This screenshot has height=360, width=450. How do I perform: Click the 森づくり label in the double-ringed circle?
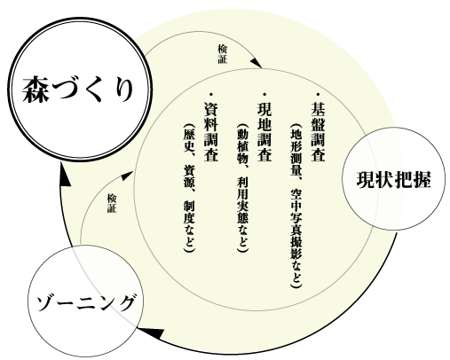(77, 90)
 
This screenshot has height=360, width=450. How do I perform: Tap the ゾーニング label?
(86, 303)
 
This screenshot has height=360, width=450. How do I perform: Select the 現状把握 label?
(393, 180)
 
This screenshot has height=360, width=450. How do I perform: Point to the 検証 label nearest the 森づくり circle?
(223, 54)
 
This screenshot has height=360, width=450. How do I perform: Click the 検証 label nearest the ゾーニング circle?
(112, 203)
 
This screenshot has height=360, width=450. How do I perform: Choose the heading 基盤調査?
(318, 132)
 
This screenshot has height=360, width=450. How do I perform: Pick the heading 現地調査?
(264, 132)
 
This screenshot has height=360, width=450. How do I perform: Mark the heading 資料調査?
(211, 132)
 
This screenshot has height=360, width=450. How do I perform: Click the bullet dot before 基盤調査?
(319, 95)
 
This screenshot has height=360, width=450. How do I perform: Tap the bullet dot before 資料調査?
(211, 95)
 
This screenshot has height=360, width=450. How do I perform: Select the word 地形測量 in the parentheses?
(296, 151)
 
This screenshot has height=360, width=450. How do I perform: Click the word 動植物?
(242, 145)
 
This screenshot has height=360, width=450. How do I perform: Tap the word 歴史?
(189, 140)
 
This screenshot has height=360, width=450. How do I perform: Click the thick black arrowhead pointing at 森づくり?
(64, 176)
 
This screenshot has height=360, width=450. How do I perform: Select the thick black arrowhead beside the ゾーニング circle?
(153, 333)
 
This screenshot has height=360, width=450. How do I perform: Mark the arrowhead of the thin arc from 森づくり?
(257, 63)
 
